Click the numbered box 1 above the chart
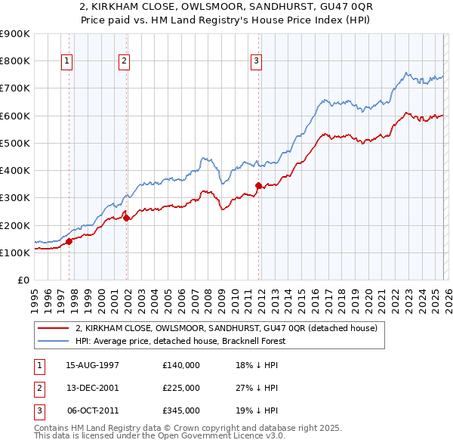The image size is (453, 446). coord(68,62)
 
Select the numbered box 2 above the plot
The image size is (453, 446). coord(124,62)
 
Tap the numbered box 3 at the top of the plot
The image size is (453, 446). coord(256,62)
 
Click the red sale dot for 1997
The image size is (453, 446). coord(69,242)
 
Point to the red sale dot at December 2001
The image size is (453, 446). coord(126,218)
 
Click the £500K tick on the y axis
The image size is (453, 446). coord(15,143)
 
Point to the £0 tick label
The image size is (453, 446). coord(23,280)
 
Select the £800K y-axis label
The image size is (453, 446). coord(15,61)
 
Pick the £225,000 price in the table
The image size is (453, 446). coord(181,388)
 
